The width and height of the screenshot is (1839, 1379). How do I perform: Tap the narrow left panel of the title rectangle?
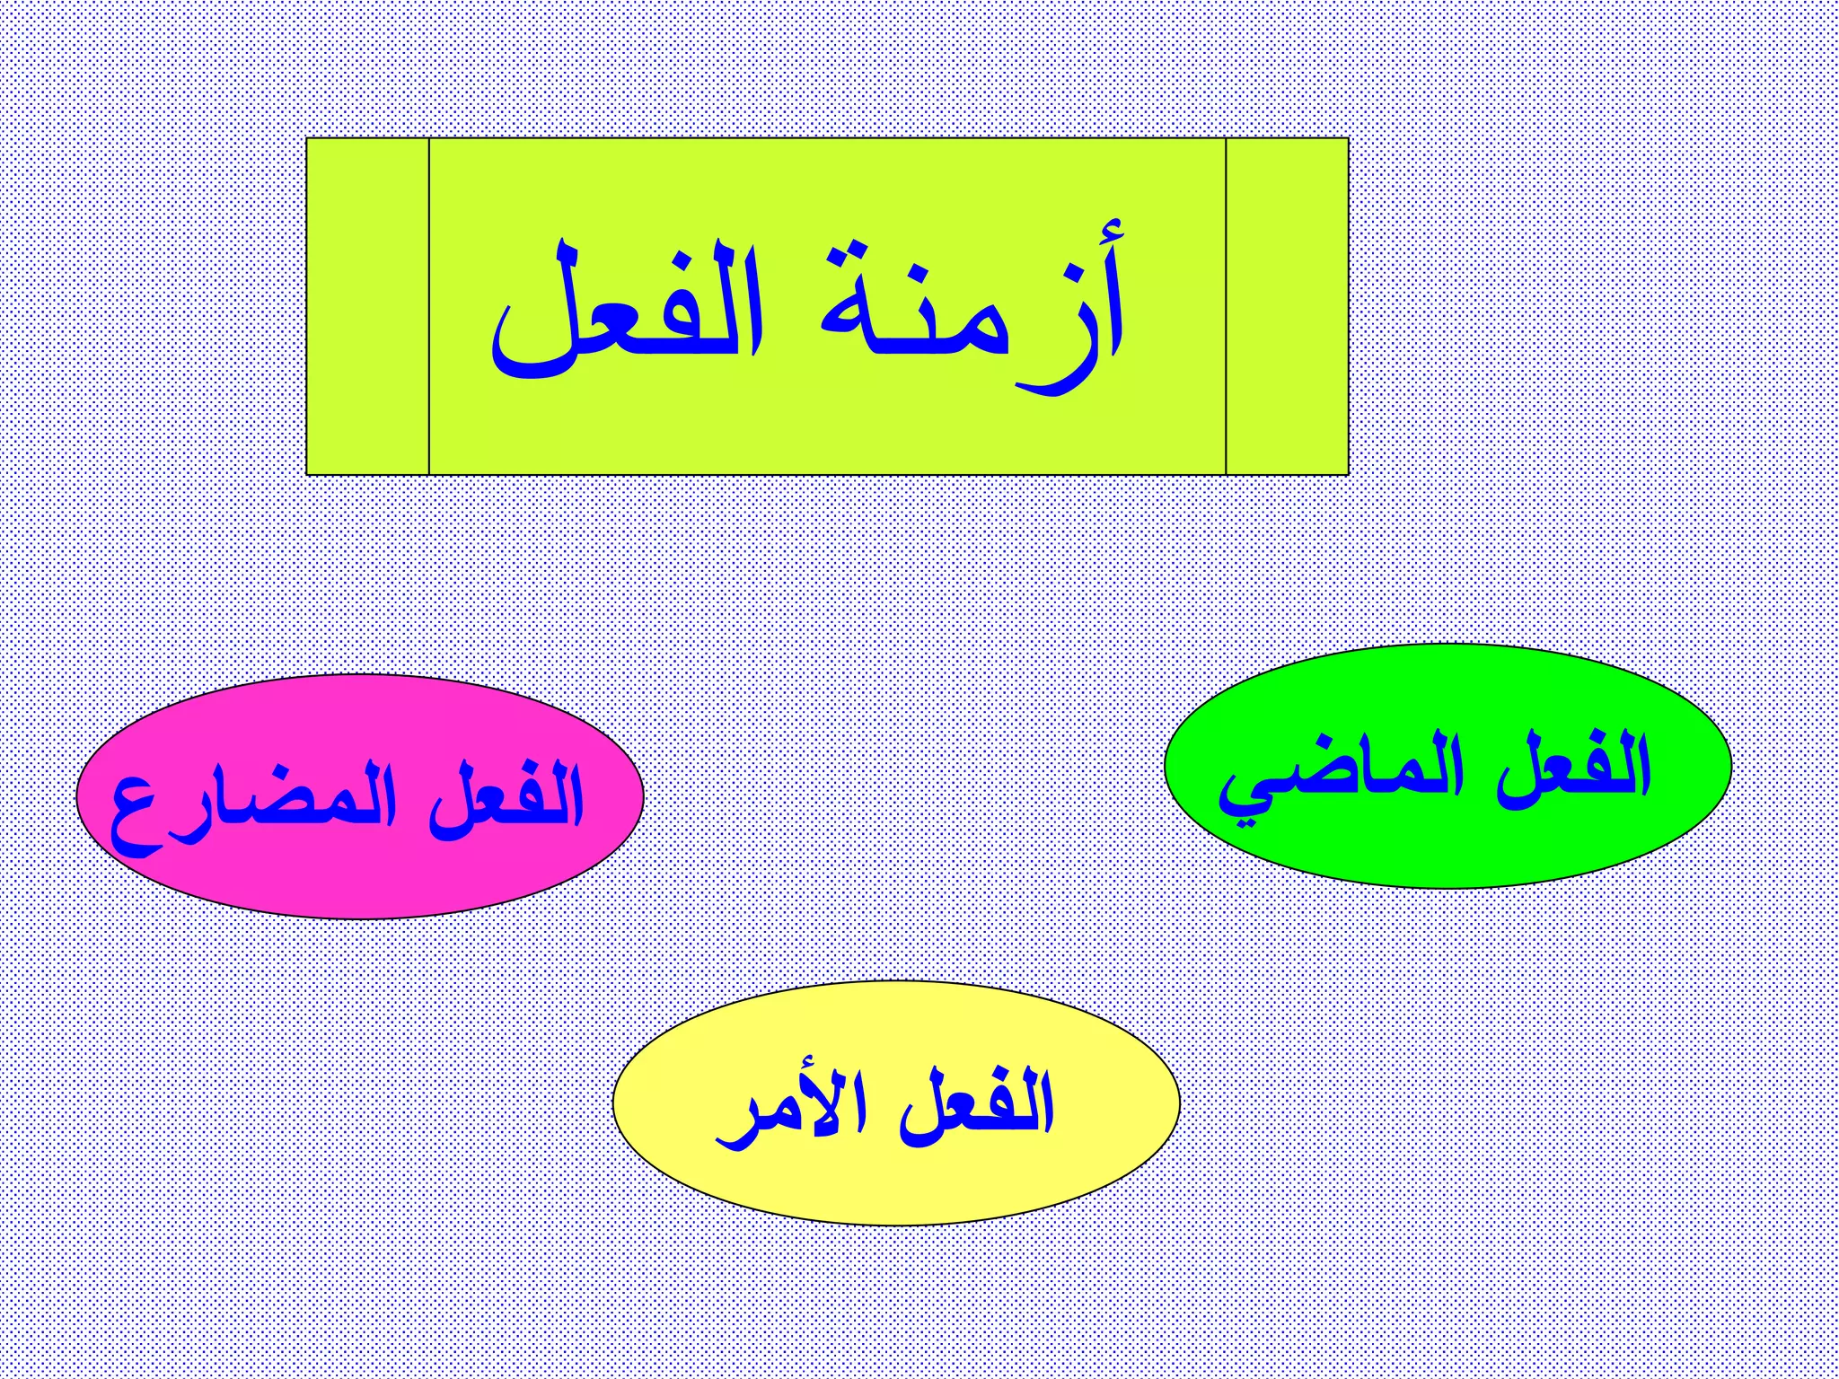367,306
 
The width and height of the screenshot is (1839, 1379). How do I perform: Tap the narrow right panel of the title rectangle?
1287,306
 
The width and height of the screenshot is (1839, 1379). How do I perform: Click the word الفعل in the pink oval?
507,799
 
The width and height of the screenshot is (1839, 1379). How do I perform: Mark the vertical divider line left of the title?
429,306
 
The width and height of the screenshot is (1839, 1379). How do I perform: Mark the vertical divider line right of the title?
1226,306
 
